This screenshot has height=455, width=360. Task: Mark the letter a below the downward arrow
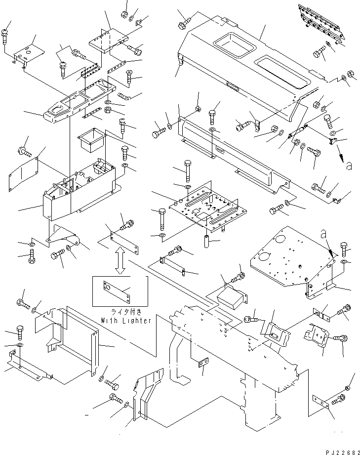coord(349,166)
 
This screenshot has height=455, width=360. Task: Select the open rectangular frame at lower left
coord(79,340)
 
